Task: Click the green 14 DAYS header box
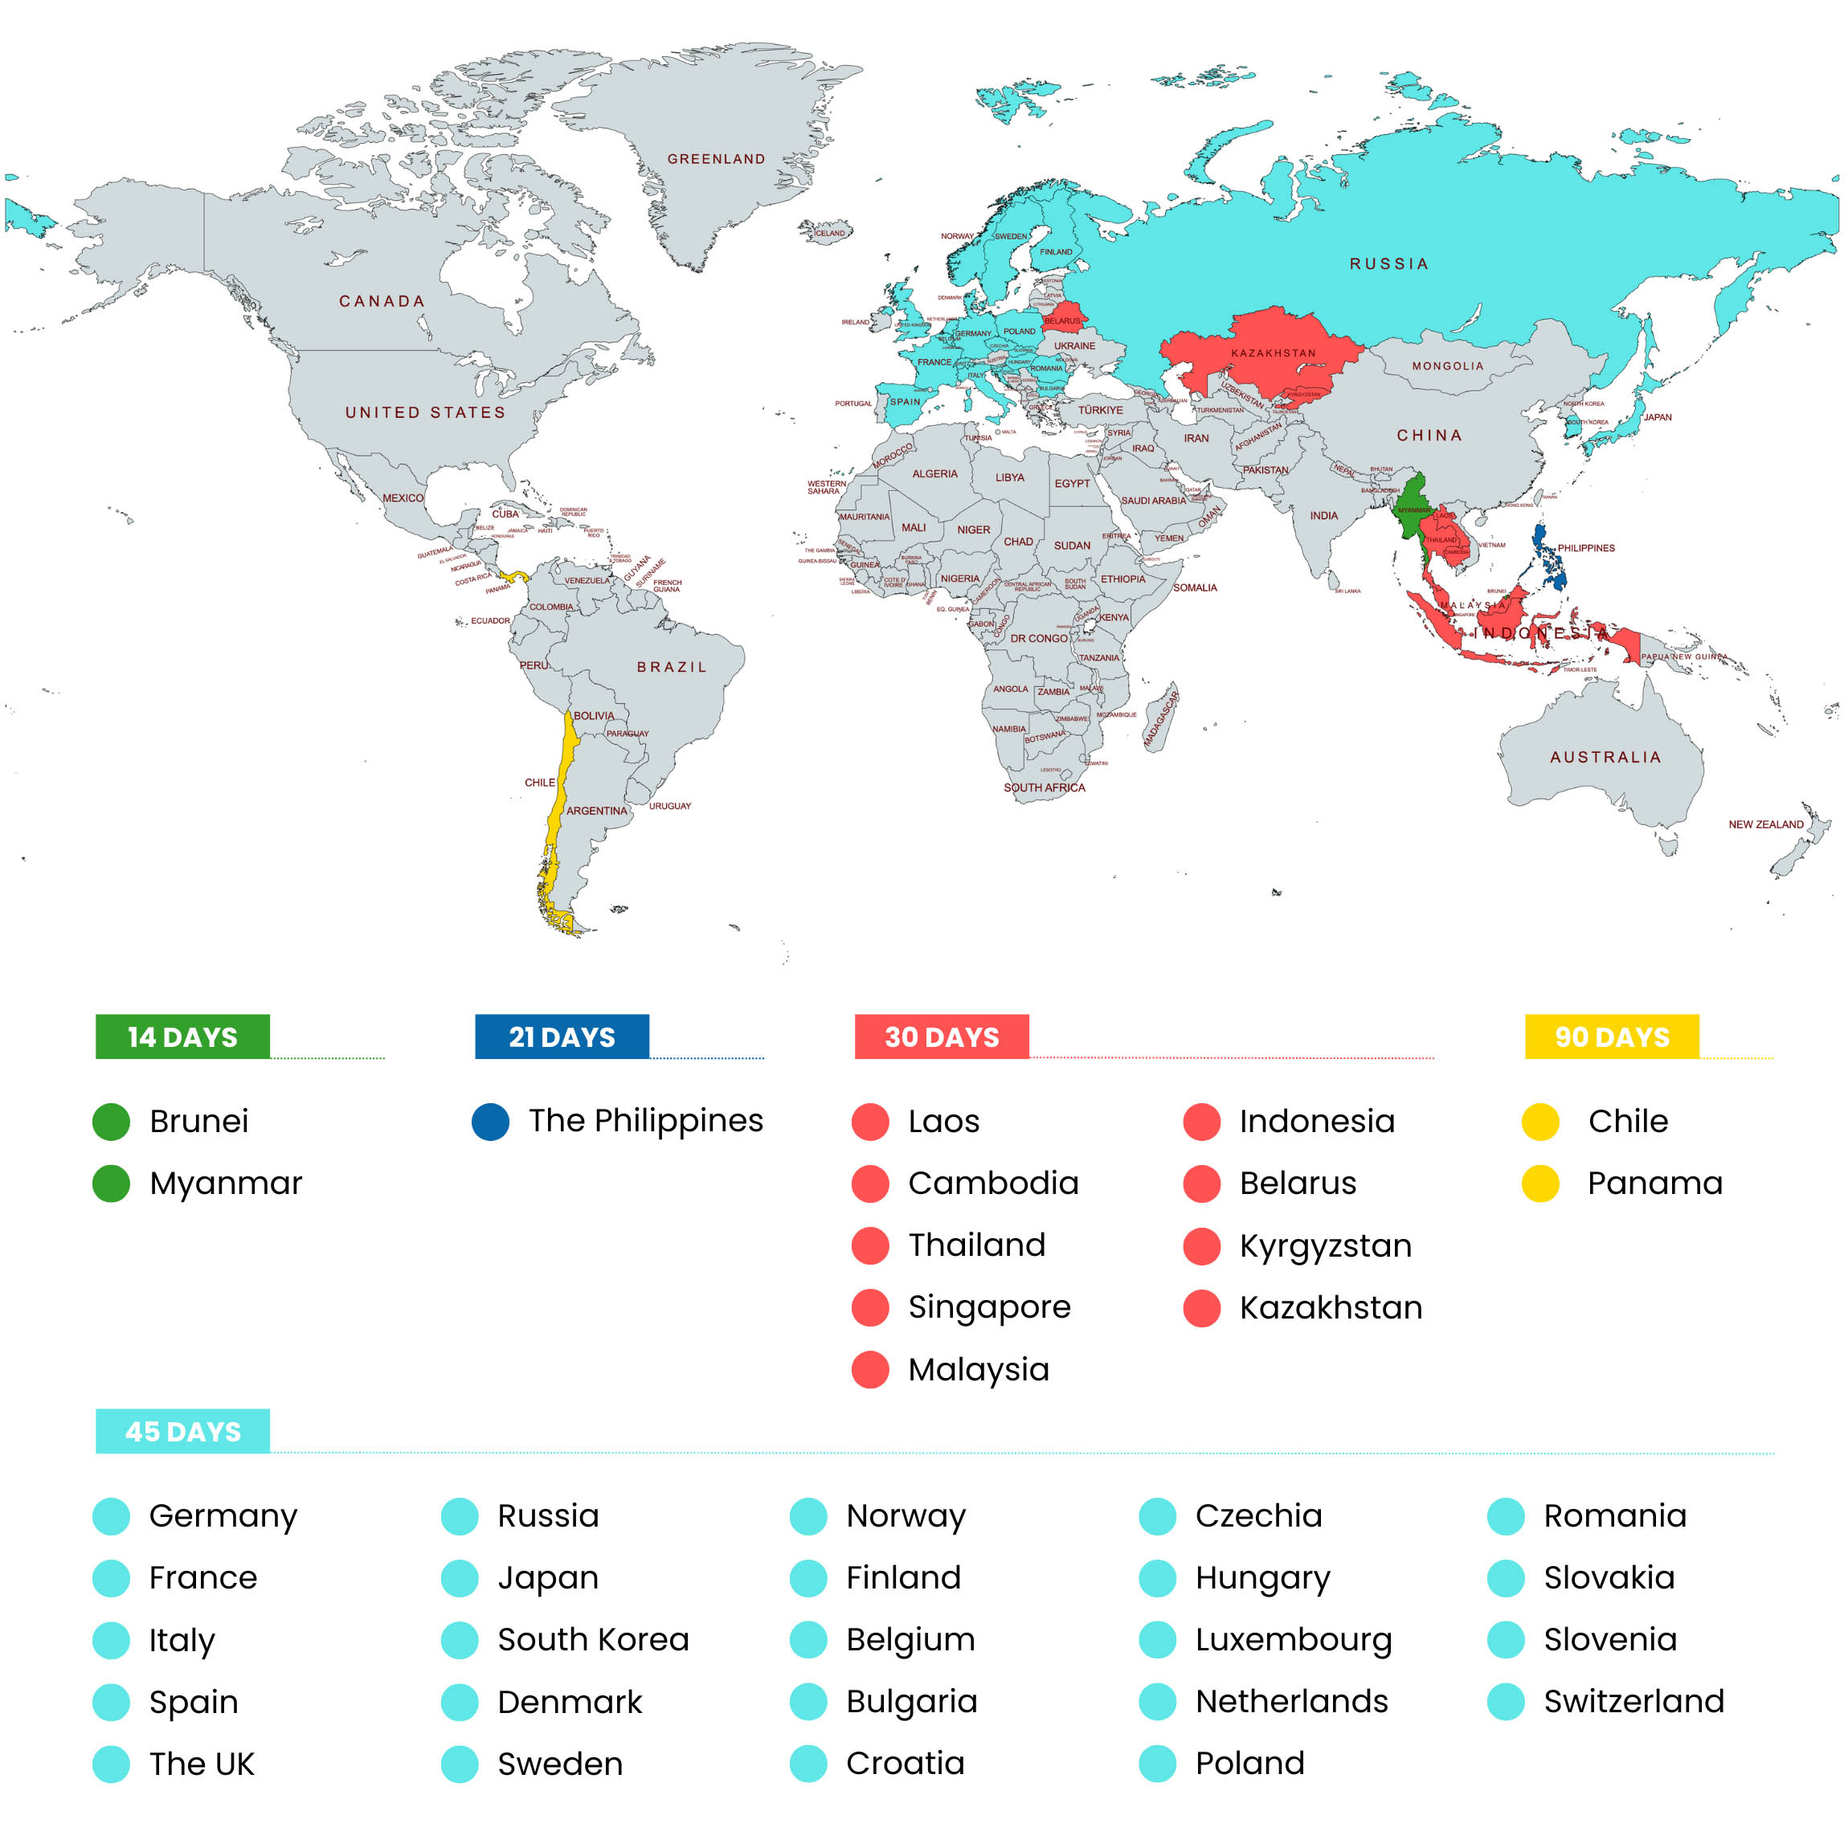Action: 182,1036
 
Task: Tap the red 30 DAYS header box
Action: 941,1036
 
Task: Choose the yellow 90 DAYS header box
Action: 1611,1036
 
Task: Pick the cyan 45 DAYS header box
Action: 182,1431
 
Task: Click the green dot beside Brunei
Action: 111,1122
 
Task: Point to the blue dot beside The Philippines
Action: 491,1122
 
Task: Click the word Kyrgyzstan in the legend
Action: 1325,1245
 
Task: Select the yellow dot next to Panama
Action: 1539,1184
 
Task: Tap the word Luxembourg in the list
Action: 1294,1640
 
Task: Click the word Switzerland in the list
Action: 1634,1701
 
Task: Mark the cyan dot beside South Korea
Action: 459,1640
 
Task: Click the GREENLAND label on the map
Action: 716,159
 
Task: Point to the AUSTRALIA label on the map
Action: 1605,757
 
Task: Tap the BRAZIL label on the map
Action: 672,667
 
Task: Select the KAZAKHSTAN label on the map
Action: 1274,354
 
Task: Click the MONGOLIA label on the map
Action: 1448,366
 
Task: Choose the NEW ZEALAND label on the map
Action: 1766,824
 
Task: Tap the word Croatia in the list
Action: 905,1763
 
